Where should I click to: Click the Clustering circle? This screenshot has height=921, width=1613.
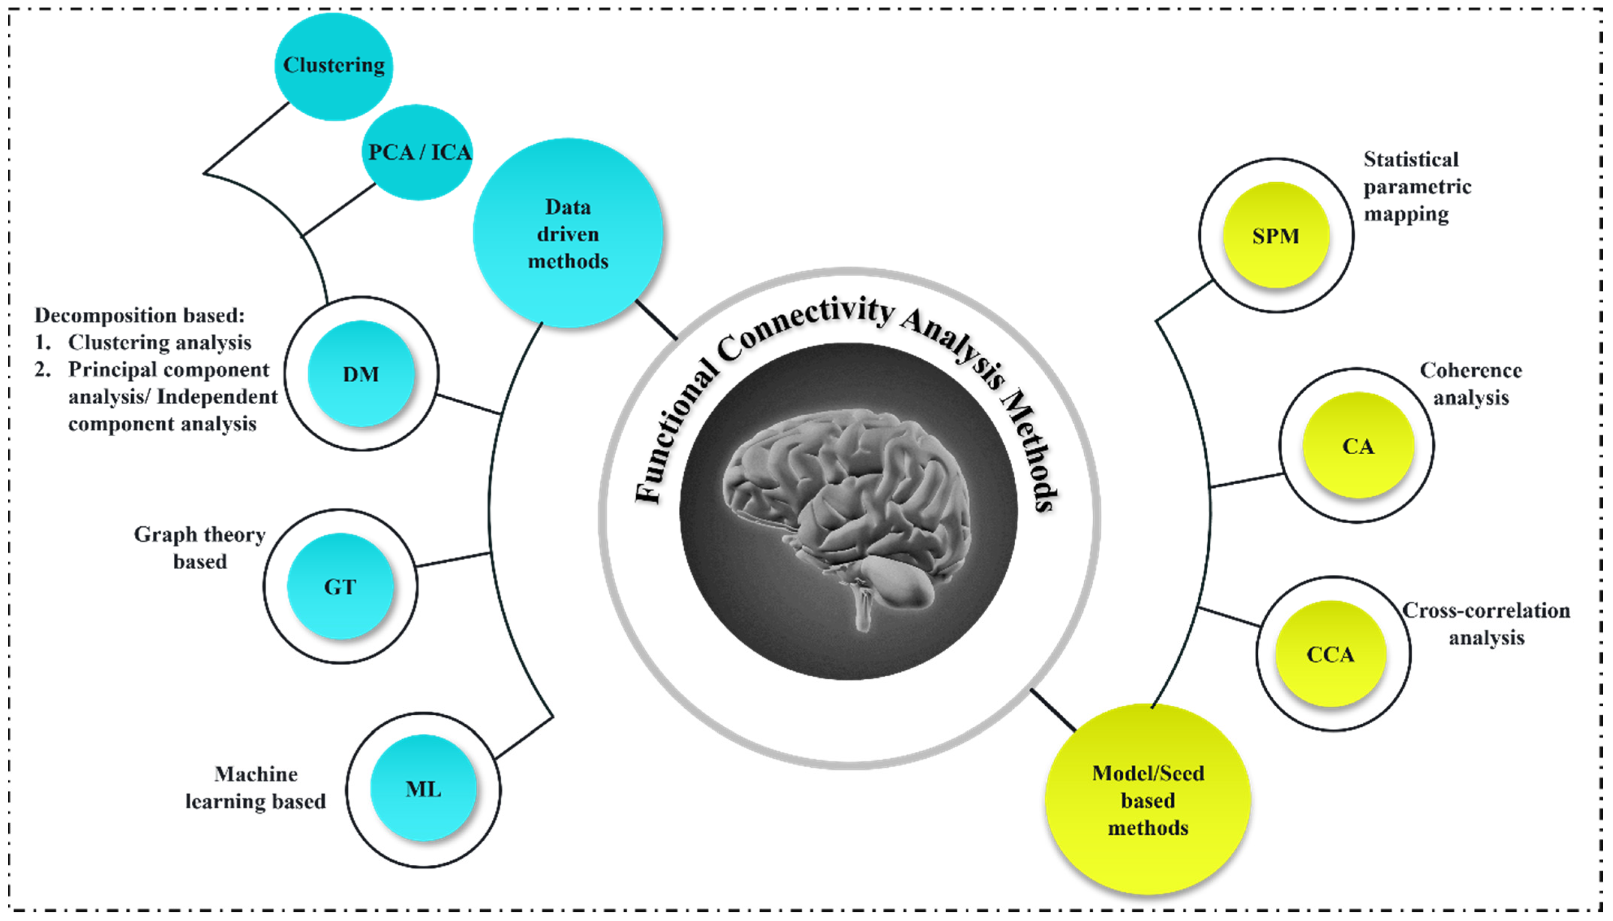tap(333, 66)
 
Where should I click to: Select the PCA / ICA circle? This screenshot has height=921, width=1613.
tap(418, 152)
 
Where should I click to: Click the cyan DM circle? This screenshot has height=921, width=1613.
tap(361, 374)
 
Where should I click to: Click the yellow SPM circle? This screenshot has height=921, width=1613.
tap(1275, 235)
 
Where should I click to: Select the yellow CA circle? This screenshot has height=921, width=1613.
tap(1357, 446)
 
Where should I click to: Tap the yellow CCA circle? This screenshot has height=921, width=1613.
tap(1330, 654)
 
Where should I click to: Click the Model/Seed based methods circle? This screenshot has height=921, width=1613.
tap(1147, 799)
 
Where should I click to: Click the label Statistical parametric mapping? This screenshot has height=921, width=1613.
tap(1416, 186)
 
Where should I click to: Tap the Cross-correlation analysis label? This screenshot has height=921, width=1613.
tap(1486, 624)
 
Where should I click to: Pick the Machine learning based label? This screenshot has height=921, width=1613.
tap(256, 787)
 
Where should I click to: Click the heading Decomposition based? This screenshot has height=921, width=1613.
tap(139, 315)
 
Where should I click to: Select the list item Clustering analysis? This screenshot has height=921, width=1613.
tap(159, 342)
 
